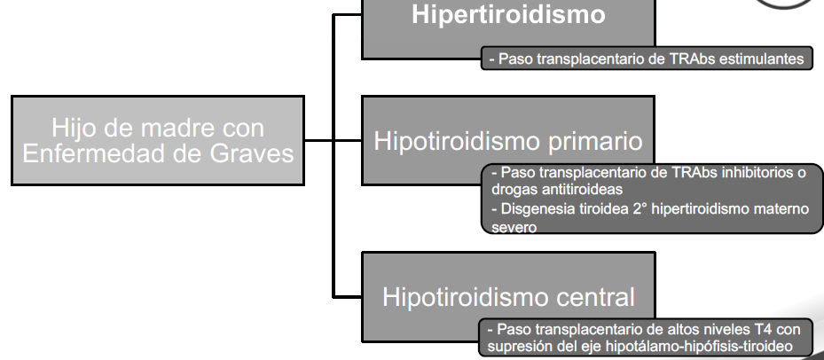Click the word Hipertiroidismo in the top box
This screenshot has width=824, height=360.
(x=508, y=15)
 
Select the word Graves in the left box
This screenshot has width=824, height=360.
(x=252, y=153)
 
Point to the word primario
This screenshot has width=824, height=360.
(x=595, y=142)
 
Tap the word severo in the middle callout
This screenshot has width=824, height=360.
(x=514, y=228)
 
